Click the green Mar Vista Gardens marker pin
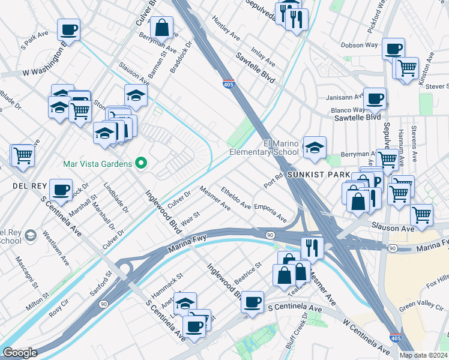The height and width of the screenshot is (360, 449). click(x=141, y=163)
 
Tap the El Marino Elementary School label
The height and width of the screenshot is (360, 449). click(x=281, y=148)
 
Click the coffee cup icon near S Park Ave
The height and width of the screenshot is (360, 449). click(x=69, y=29)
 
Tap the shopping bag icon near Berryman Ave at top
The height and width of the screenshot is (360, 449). click(x=161, y=27)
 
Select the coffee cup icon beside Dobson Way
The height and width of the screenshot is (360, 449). click(x=393, y=49)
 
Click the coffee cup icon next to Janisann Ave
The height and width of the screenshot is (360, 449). click(x=375, y=98)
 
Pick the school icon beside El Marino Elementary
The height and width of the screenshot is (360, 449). click(x=315, y=147)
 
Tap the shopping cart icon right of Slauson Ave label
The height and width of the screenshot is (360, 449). click(x=422, y=214)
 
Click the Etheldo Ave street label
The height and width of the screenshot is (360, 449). click(x=236, y=197)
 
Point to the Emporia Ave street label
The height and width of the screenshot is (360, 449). click(x=270, y=212)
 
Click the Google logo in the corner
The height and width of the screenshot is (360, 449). click(x=20, y=353)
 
